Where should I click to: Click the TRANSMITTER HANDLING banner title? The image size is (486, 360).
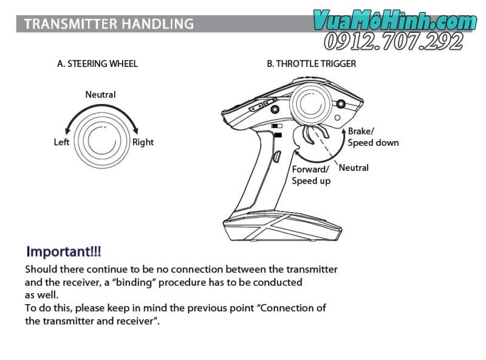pyautogui.click(x=109, y=24)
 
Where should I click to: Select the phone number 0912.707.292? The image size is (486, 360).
pyautogui.click(x=394, y=41)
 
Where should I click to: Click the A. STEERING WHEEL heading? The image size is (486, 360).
pyautogui.click(x=97, y=64)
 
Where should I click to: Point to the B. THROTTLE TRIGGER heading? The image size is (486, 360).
pyautogui.click(x=311, y=64)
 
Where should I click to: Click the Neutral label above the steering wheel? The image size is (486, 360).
pyautogui.click(x=100, y=94)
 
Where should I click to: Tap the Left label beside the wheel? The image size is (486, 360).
pyautogui.click(x=61, y=142)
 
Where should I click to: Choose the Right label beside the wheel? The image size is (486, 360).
pyautogui.click(x=143, y=142)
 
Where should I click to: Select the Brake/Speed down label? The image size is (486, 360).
pyautogui.click(x=373, y=137)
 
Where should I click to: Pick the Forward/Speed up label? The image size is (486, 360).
pyautogui.click(x=311, y=175)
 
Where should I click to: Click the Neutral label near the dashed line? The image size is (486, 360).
pyautogui.click(x=354, y=168)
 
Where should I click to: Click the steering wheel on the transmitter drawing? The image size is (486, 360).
pyautogui.click(x=311, y=103)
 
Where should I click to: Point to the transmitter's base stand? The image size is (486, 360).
pyautogui.click(x=282, y=226)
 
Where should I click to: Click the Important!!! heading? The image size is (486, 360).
pyautogui.click(x=64, y=252)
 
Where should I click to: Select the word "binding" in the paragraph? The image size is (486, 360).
pyautogui.click(x=133, y=282)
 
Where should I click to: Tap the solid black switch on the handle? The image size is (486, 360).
pyautogui.click(x=278, y=135)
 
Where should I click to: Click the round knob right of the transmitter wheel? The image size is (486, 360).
pyautogui.click(x=341, y=103)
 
